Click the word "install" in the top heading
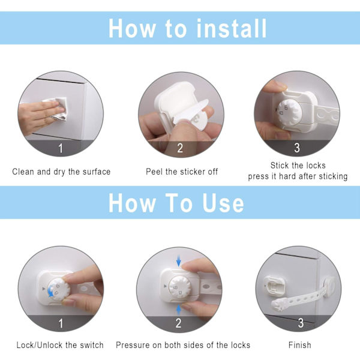point(232,28)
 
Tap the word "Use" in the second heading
point(223,203)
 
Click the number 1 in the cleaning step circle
point(61,148)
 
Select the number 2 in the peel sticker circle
point(180,148)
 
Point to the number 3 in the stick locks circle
point(297,148)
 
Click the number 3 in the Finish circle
point(301,323)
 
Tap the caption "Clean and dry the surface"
point(61,172)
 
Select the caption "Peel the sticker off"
point(182,172)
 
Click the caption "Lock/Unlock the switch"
point(60,345)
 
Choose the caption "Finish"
point(300,345)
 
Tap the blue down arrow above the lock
point(179,261)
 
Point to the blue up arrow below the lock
point(179,310)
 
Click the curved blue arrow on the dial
point(50,290)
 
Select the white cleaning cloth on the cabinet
point(57,109)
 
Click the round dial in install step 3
point(289,113)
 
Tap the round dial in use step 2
point(180,287)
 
